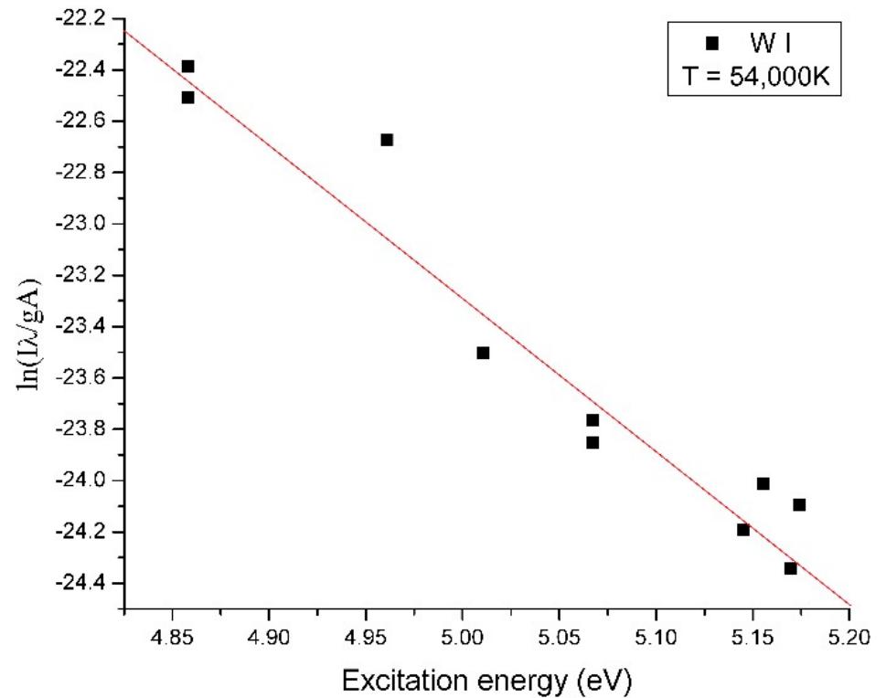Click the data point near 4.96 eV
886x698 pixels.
click(x=387, y=140)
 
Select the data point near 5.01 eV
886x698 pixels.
click(x=483, y=353)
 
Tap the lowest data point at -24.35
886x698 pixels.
click(x=790, y=568)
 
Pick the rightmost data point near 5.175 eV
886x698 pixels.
click(x=799, y=504)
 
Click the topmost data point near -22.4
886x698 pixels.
click(x=187, y=67)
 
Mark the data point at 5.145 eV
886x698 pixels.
click(x=742, y=530)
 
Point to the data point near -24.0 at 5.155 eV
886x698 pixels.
click(x=763, y=483)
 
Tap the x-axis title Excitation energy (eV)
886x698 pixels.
click(x=486, y=679)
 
